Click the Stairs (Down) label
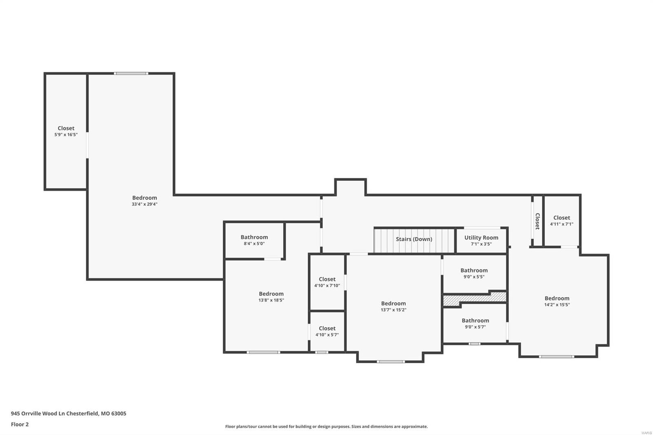point(414,239)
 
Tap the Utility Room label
point(481,237)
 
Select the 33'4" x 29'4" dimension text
point(144,204)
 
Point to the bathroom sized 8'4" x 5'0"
point(254,240)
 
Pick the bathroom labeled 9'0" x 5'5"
point(474,273)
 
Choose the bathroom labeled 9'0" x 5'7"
point(475,323)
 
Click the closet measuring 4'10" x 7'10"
point(327,282)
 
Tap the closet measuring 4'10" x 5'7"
point(327,331)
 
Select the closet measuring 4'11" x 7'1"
point(562,220)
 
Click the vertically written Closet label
point(538,221)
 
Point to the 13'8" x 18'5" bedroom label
point(271,294)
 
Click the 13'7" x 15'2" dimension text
point(393,310)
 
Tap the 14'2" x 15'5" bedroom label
point(557,298)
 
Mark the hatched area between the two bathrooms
point(475,299)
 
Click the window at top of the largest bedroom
point(131,73)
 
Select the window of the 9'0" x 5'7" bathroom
point(474,344)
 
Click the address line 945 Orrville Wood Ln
point(69,413)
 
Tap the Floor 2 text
point(20,424)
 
